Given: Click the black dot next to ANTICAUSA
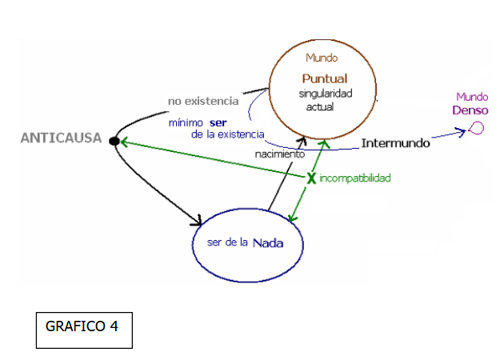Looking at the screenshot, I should click(114, 142).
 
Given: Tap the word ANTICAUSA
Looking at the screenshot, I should click(61, 138).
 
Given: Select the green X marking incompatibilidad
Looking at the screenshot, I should click(311, 178).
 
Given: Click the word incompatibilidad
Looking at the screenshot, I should click(354, 178).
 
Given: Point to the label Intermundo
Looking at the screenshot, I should click(395, 144).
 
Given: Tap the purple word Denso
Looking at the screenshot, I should click(470, 110).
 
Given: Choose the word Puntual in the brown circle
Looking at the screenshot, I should click(325, 78).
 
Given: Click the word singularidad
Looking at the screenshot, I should click(325, 94).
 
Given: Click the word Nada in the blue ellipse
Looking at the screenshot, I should click(268, 243).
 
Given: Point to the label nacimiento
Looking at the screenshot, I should click(279, 153).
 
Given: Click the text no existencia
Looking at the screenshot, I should click(203, 101).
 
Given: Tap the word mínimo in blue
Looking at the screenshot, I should click(186, 122).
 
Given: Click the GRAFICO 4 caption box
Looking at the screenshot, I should click(83, 327).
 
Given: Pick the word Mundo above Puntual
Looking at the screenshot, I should click(322, 58).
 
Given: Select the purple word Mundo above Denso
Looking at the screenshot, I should click(472, 97).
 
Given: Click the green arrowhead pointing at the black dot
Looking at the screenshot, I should click(124, 143).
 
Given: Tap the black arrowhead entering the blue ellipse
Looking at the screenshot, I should click(197, 218).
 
